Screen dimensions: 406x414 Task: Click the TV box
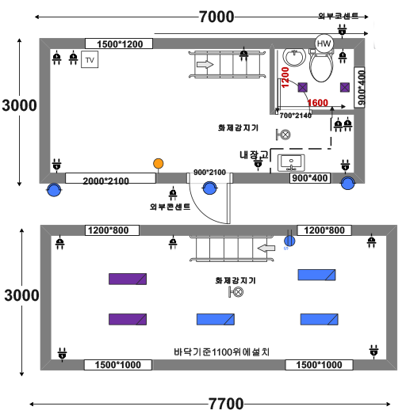coord(90,59)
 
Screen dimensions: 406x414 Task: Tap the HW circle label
coord(324,44)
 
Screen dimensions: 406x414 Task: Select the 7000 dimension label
coord(216,17)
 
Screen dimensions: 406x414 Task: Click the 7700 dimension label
coord(226,404)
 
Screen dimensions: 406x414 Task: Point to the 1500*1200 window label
coord(120,44)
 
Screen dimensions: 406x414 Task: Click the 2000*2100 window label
coord(105,180)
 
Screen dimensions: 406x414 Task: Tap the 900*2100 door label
coord(209,172)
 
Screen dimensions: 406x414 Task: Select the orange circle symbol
coord(158,164)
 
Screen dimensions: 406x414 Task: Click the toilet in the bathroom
coord(321,66)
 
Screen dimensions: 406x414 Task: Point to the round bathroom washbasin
coord(294,57)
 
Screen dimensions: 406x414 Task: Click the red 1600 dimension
coord(318,103)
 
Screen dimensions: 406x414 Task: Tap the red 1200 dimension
coord(285,78)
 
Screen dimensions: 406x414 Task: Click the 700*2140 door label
coord(296,116)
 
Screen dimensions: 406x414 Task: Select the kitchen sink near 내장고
coord(291,163)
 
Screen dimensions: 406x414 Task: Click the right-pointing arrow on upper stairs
coord(205,64)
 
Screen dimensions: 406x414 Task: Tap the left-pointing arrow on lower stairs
coord(266,249)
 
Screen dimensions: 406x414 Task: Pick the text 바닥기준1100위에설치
coord(222,351)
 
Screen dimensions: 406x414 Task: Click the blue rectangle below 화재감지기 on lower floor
coord(216,319)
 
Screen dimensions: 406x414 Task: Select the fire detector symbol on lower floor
coord(236,292)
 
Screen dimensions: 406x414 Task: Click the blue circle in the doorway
coord(210,188)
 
